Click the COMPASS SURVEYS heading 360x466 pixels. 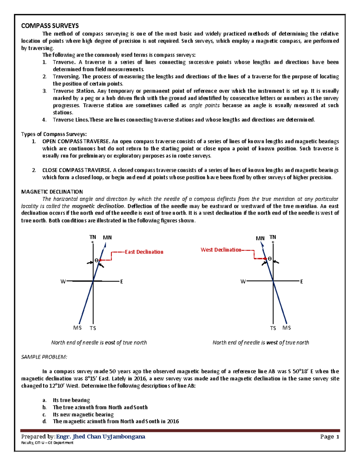(50, 26)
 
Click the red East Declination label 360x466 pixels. (144, 252)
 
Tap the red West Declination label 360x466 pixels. (221, 250)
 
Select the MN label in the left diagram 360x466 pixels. (107, 238)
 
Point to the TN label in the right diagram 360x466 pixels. (273, 237)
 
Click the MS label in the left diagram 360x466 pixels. (77, 328)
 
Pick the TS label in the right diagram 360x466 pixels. (273, 328)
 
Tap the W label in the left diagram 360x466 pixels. (63, 281)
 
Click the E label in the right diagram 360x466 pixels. (301, 281)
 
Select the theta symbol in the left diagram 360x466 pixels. (97, 260)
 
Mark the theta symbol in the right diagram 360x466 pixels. (269, 259)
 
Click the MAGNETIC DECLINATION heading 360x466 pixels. (52, 192)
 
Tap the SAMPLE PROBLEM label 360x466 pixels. (44, 357)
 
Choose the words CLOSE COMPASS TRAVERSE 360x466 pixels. (77, 170)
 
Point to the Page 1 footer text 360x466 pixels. (330, 437)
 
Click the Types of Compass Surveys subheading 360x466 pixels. (54, 134)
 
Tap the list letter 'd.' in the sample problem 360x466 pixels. (45, 421)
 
